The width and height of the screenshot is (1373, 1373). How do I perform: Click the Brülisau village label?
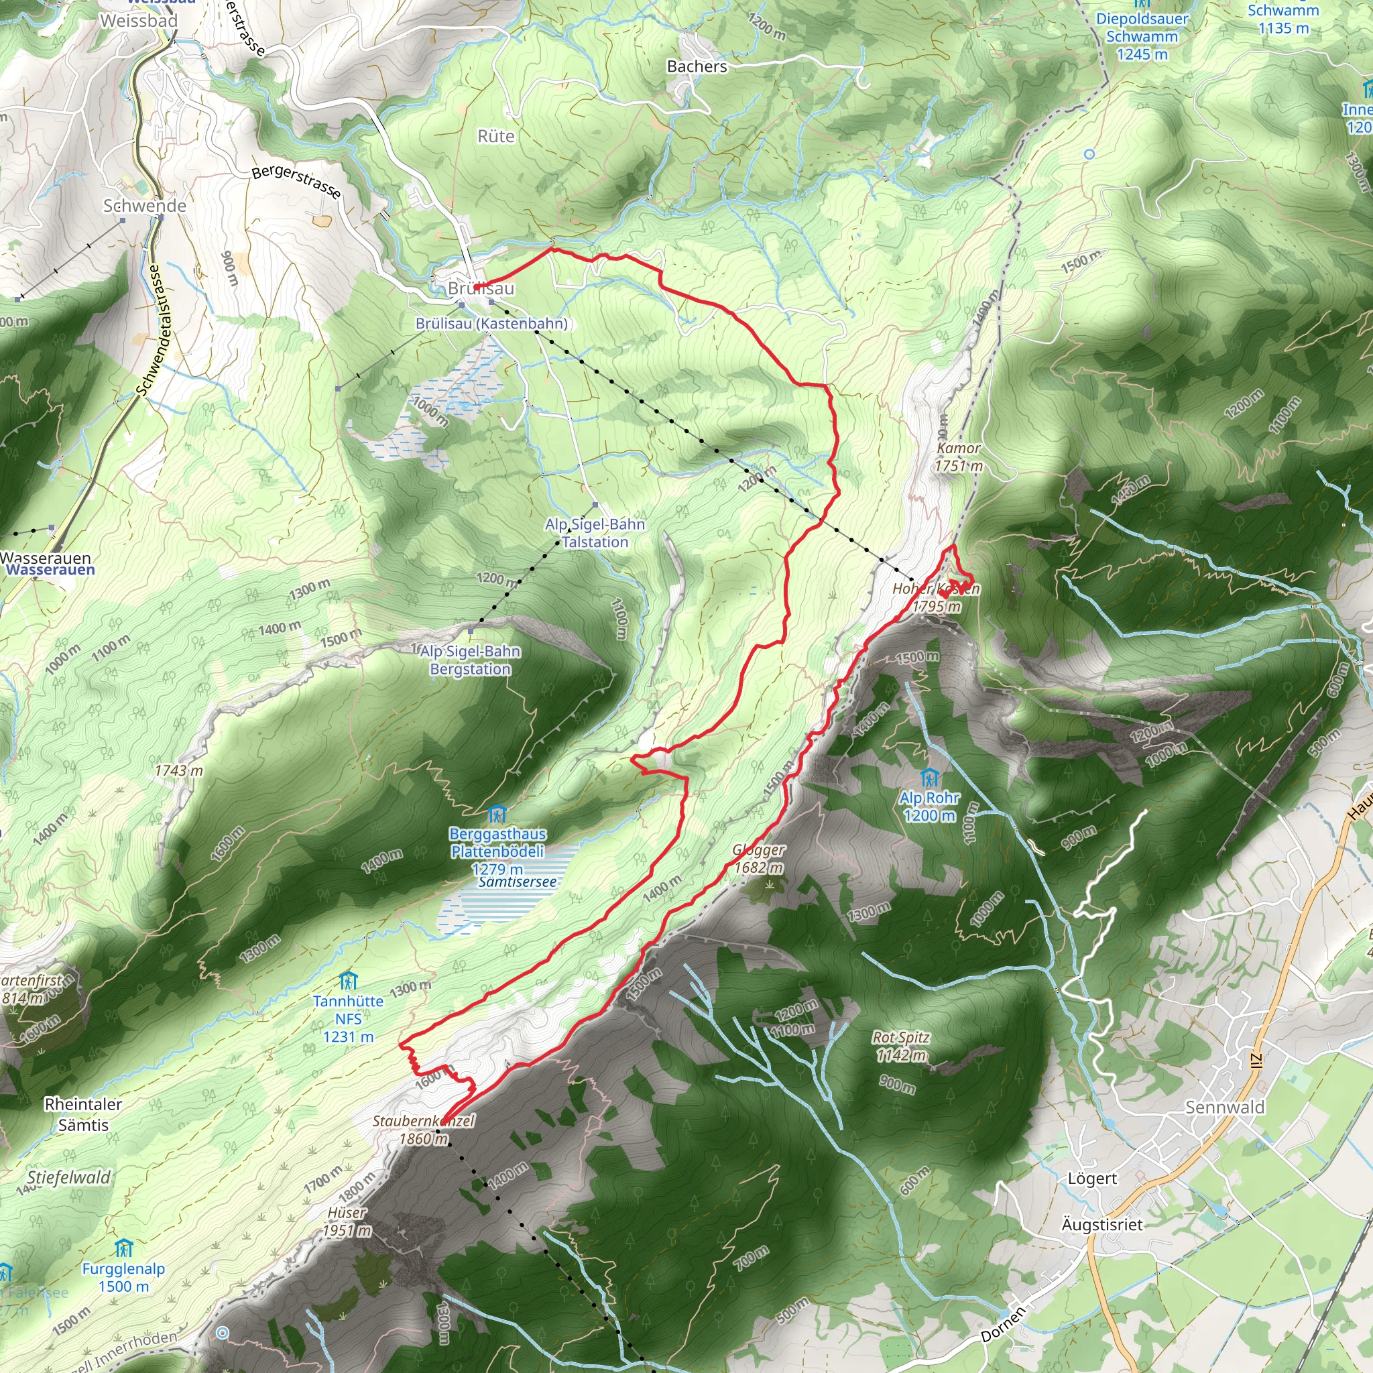481,288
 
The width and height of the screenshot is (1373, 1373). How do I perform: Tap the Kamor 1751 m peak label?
958,457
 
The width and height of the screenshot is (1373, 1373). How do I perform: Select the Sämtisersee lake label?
518,882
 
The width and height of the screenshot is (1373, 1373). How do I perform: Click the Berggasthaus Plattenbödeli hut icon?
497,813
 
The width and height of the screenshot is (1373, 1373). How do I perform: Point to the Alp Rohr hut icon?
929,778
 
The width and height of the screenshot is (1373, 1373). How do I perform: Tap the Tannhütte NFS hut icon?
347,981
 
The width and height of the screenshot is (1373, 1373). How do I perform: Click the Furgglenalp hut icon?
123,1248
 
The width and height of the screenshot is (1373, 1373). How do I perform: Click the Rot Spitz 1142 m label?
901,1046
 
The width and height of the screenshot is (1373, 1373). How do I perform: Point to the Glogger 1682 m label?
758,859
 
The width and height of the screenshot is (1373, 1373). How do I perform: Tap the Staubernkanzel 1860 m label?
424,1130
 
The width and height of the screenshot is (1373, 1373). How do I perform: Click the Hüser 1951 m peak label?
347,1221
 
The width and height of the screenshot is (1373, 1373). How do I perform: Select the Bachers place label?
697,66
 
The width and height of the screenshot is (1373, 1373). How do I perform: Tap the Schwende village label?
144,205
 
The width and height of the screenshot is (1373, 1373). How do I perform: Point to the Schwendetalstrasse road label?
150,331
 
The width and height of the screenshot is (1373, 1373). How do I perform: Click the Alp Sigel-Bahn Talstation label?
595,533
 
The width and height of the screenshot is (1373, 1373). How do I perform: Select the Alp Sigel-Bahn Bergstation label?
470,660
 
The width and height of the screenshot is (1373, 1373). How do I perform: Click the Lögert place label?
1092,1179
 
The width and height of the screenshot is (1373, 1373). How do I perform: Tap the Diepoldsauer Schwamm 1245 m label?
1141,36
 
